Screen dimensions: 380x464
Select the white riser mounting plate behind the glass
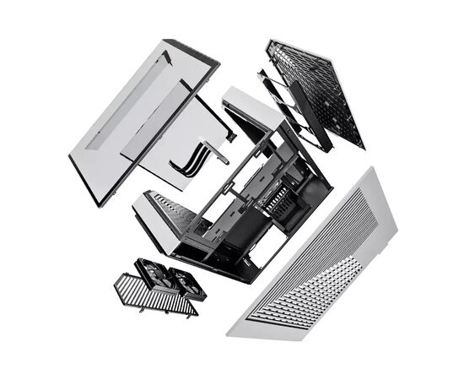pyautogui.click(x=202, y=139)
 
